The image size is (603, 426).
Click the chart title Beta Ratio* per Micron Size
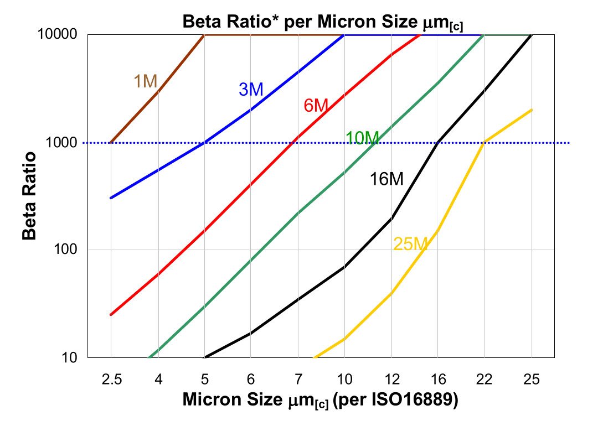tap(323, 23)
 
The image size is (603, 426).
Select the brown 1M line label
tap(146, 81)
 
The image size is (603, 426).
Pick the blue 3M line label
tap(251, 89)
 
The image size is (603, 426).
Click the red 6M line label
tap(317, 105)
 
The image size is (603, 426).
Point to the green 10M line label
tap(362, 138)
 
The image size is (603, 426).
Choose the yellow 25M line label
tap(410, 243)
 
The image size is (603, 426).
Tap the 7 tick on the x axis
tap(298, 380)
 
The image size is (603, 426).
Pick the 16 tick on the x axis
tap(438, 380)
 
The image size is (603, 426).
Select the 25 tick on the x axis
tap(532, 380)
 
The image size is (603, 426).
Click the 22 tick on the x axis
tap(485, 380)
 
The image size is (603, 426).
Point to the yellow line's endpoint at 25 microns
tap(532, 110)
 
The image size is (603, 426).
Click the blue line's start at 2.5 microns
tap(111, 198)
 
